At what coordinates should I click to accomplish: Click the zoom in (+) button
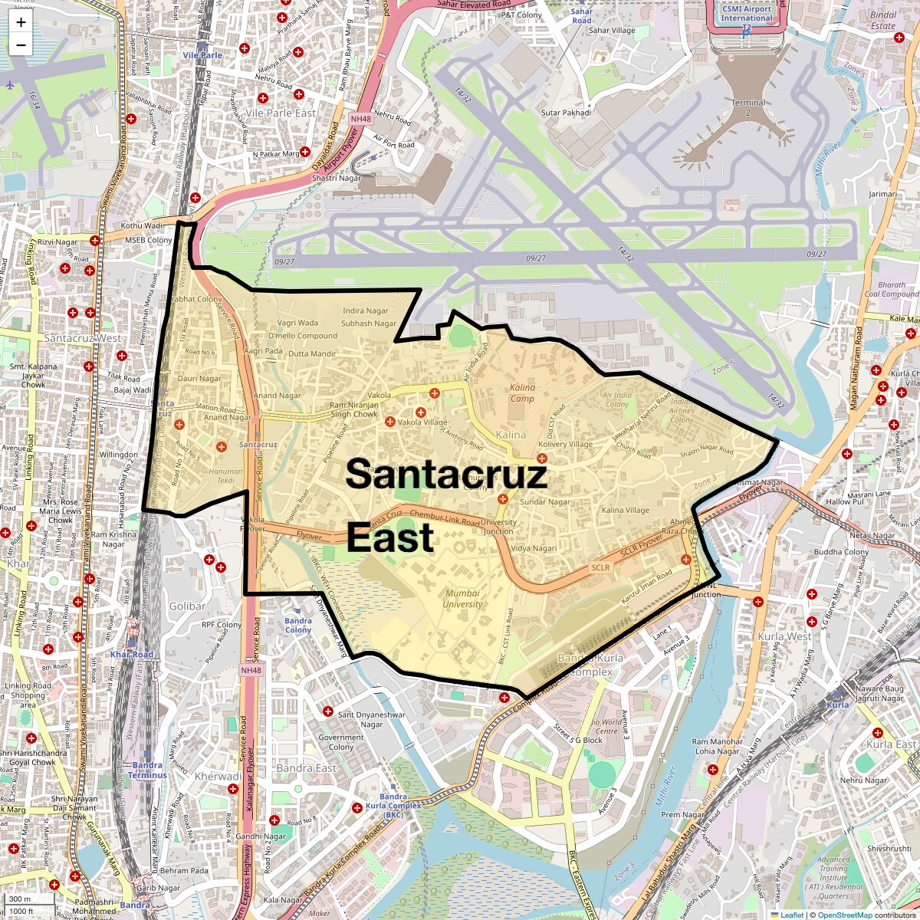click(x=21, y=22)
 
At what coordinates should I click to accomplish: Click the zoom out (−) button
click(x=21, y=45)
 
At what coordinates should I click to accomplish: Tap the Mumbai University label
click(x=462, y=599)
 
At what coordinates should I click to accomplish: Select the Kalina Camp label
click(x=522, y=393)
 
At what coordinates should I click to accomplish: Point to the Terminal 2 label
click(x=747, y=107)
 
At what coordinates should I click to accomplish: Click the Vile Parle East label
click(x=281, y=113)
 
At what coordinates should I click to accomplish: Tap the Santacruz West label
click(x=82, y=338)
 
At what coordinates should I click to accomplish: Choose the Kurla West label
click(x=784, y=636)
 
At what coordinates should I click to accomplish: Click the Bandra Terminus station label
click(x=147, y=770)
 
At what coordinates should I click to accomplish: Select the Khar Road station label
click(x=132, y=655)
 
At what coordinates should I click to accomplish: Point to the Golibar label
click(x=187, y=606)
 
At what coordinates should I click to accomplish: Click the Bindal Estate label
click(x=883, y=20)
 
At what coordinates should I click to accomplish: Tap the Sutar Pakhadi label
click(x=566, y=113)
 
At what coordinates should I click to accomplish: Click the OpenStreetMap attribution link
click(x=844, y=915)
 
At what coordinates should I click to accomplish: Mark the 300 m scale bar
click(x=20, y=899)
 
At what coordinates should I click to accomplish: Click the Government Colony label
click(x=341, y=742)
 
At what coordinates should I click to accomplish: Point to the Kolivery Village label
click(x=566, y=444)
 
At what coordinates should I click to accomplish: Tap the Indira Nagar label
click(x=366, y=311)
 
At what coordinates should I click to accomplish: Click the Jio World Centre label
click(x=606, y=726)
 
